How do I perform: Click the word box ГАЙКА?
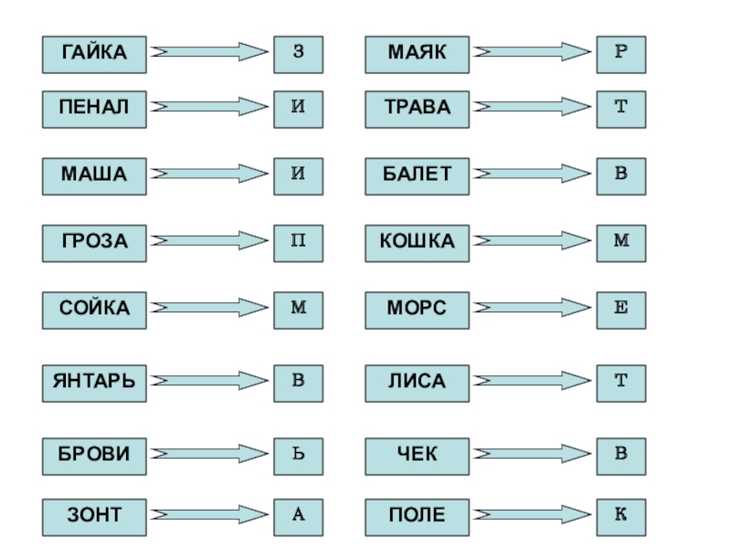tap(95, 55)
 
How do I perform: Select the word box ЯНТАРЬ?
tap(95, 380)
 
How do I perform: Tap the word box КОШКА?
tap(418, 241)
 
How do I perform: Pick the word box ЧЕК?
tap(418, 452)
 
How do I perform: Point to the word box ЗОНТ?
tap(95, 516)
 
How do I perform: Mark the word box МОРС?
tap(418, 309)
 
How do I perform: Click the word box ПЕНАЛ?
tap(95, 107)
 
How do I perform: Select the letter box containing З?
tap(298, 55)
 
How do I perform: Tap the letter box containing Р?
tap(621, 55)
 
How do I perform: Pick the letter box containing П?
tap(298, 241)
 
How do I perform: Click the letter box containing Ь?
tap(298, 452)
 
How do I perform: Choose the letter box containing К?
tap(621, 516)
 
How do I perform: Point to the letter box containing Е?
tap(621, 309)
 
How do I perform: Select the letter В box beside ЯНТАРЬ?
tap(298, 380)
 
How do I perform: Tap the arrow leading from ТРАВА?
tap(532, 107)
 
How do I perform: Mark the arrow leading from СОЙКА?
tap(208, 309)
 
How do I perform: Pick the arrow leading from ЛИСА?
tap(532, 380)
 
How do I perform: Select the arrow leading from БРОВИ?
tap(208, 452)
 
